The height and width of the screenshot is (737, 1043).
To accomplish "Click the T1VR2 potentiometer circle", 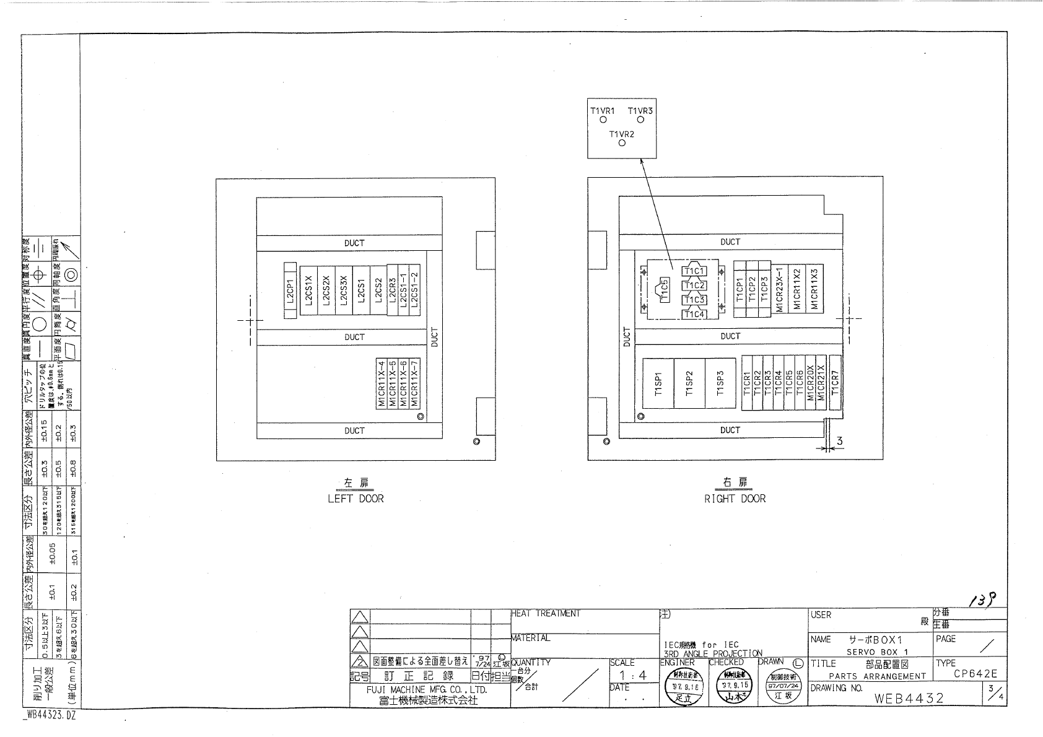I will [622, 144].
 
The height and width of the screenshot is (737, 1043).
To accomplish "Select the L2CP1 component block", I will [290, 290].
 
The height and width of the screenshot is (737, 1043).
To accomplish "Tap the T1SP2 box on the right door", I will [689, 383].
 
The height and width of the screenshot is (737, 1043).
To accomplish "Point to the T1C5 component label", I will [665, 290].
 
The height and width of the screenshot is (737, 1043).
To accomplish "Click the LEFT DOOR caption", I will [356, 499].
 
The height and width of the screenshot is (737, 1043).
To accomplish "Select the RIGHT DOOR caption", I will [735, 499].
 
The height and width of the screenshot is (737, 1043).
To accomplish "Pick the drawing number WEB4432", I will [909, 699].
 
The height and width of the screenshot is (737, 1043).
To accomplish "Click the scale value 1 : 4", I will [633, 676].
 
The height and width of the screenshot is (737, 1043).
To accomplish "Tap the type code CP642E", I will [975, 674].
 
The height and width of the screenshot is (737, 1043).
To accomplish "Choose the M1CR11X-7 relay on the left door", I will [415, 383].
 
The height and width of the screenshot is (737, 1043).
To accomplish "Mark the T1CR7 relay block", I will [835, 383].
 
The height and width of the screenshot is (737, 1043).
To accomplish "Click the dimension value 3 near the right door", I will [840, 441].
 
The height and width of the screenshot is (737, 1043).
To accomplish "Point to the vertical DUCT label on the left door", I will [434, 337].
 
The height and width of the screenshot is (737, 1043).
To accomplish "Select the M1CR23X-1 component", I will [780, 289].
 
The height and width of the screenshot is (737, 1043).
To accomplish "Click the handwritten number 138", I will [984, 599].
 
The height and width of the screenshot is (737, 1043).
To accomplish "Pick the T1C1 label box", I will [694, 271].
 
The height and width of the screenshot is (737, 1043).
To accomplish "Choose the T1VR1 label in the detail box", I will [602, 111].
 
